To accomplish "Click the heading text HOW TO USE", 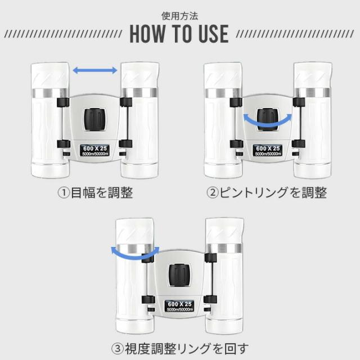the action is coord(179,34).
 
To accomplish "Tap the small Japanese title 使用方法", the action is coord(179,16).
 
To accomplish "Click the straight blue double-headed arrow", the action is coord(95,70).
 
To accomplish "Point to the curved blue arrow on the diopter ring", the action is coord(135,255).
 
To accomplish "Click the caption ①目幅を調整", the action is coord(95,192).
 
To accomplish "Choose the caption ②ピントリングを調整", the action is coord(267,192).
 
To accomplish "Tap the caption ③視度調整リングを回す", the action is coord(180,349).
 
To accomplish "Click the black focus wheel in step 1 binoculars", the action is coord(95,119).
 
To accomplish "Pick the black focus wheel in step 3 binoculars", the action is coord(179,275).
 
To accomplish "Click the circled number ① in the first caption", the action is coord(64,193).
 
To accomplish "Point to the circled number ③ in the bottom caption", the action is coord(118,349).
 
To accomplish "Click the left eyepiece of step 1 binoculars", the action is coord(50,75).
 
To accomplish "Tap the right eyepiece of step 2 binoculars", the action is coord(313,75).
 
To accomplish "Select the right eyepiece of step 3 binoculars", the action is coord(224,231).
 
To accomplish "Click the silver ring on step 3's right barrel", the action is coord(224,248).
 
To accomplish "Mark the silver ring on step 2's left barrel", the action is coord(223,93).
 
